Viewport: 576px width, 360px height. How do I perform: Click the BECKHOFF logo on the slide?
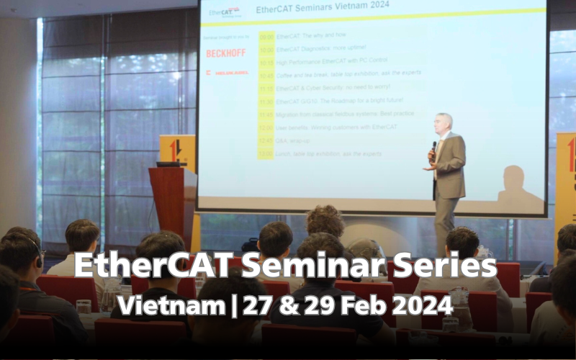226,53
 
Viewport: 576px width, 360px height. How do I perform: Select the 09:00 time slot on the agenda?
266,36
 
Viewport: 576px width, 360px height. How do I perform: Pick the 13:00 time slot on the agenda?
266,154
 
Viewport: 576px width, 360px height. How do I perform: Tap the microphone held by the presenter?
433,148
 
